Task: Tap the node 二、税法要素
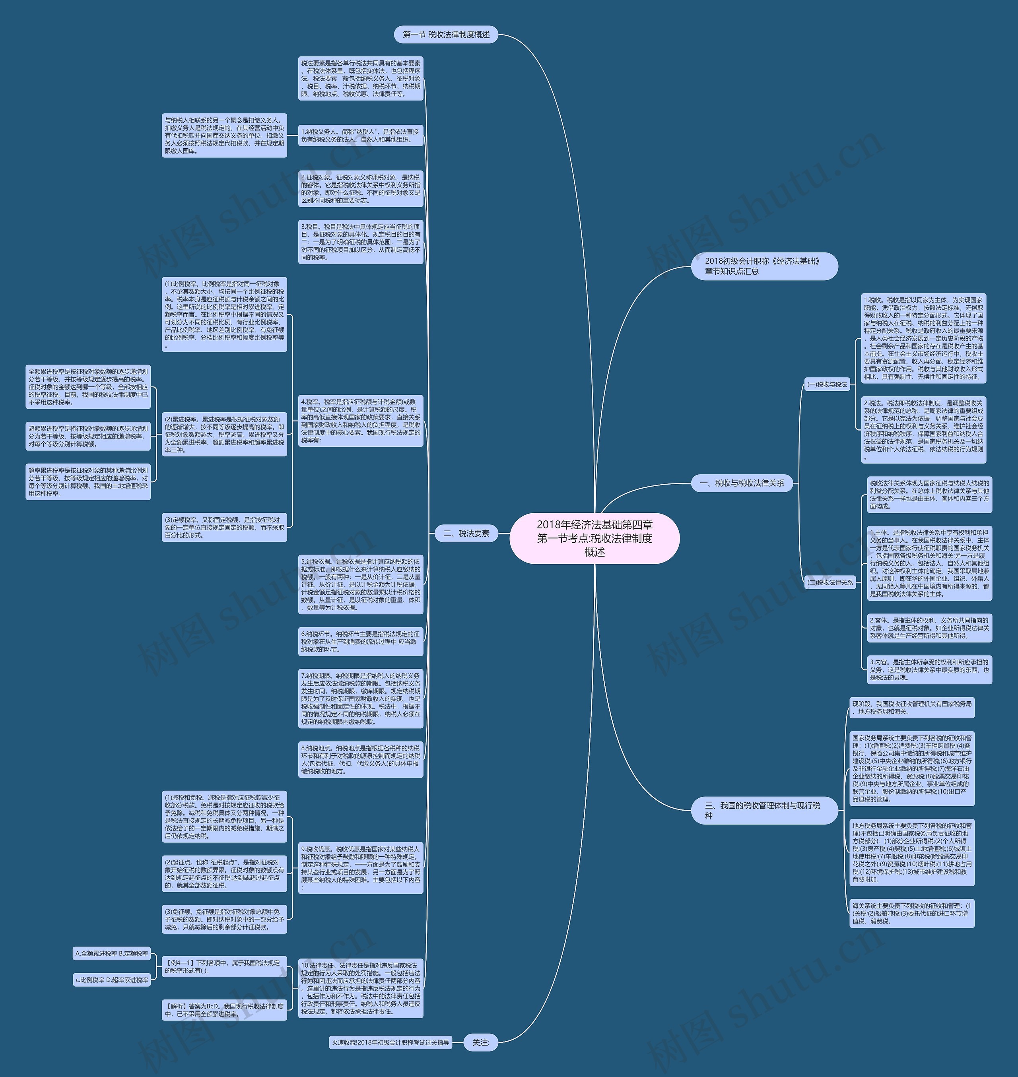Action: tap(466, 534)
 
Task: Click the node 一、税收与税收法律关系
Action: tap(742, 483)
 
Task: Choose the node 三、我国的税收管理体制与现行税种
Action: tap(764, 811)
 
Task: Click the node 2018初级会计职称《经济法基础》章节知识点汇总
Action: tap(764, 266)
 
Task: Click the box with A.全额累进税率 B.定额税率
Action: tap(112, 953)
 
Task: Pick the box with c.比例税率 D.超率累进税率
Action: tap(112, 980)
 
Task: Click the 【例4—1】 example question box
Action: tap(224, 967)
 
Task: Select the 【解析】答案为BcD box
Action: tap(224, 1010)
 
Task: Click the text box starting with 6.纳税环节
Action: tap(360, 641)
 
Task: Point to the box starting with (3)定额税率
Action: tap(224, 528)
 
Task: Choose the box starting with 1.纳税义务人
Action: tap(360, 136)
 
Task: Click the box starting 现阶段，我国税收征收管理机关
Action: tap(912, 708)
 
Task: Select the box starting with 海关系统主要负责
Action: tap(912, 913)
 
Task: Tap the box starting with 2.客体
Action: tap(929, 628)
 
